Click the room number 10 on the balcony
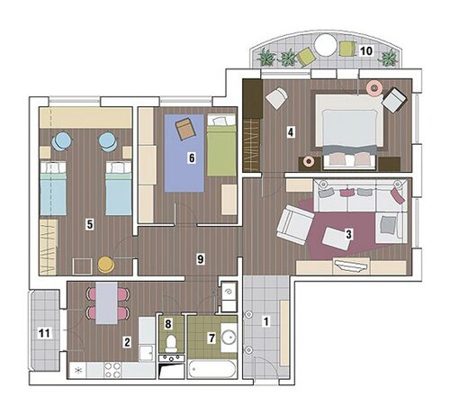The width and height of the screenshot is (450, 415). [x=366, y=51]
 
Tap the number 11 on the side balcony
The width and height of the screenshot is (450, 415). [x=44, y=333]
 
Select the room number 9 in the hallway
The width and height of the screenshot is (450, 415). [x=201, y=258]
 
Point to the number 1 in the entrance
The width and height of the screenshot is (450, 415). [x=265, y=321]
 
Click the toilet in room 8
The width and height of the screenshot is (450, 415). [x=171, y=344]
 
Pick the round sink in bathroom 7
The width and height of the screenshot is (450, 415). [x=229, y=338]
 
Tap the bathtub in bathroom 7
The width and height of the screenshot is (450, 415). [x=212, y=369]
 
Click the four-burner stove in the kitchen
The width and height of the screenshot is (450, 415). [x=112, y=370]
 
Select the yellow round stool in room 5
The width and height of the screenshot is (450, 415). [x=106, y=265]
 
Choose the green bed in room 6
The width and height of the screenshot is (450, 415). [x=221, y=145]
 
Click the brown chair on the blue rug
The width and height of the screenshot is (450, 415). [x=185, y=129]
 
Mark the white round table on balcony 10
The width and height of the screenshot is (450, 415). [x=326, y=45]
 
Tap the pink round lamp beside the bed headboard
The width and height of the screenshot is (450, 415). [x=374, y=87]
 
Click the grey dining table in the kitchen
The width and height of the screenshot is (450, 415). [x=106, y=303]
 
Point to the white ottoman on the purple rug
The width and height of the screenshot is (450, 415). [x=337, y=239]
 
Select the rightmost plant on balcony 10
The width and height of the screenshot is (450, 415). [x=390, y=57]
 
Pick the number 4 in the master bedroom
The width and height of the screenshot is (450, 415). [x=291, y=132]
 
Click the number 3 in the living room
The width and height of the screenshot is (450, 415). [x=348, y=234]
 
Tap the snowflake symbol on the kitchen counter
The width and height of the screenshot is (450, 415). [x=78, y=370]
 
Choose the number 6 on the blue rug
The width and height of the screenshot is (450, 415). [x=192, y=158]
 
